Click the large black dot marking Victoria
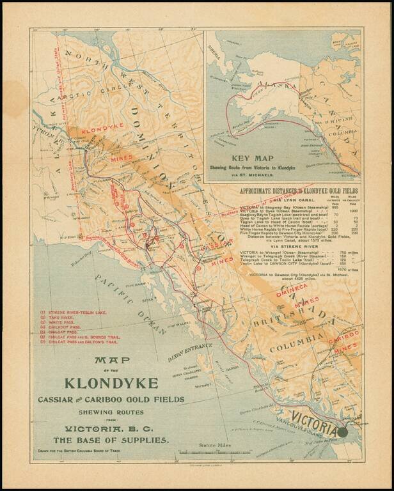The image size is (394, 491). click(343, 432)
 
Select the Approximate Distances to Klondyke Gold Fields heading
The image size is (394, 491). click(299, 191)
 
